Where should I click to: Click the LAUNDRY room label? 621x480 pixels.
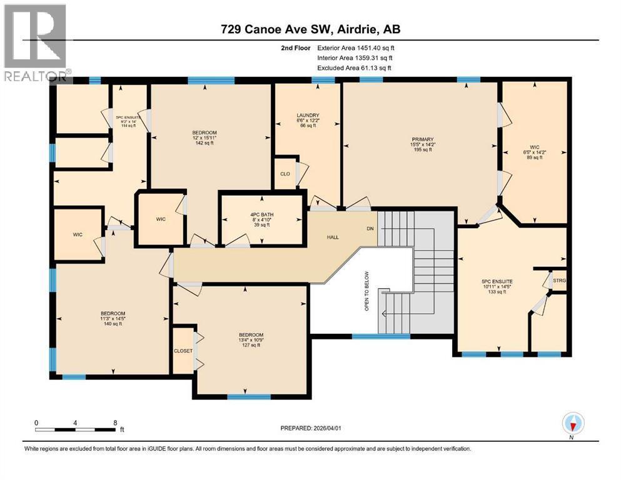pos(308,116)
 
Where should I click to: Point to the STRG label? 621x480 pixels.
pos(560,281)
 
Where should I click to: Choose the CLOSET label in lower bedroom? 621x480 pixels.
pos(183,351)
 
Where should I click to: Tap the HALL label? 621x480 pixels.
pos(333,237)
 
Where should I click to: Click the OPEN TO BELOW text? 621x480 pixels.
pos(367,291)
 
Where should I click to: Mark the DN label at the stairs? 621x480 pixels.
pos(370,229)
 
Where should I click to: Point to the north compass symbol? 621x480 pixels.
pos(573,423)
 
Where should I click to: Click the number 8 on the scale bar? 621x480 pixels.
pos(114,422)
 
